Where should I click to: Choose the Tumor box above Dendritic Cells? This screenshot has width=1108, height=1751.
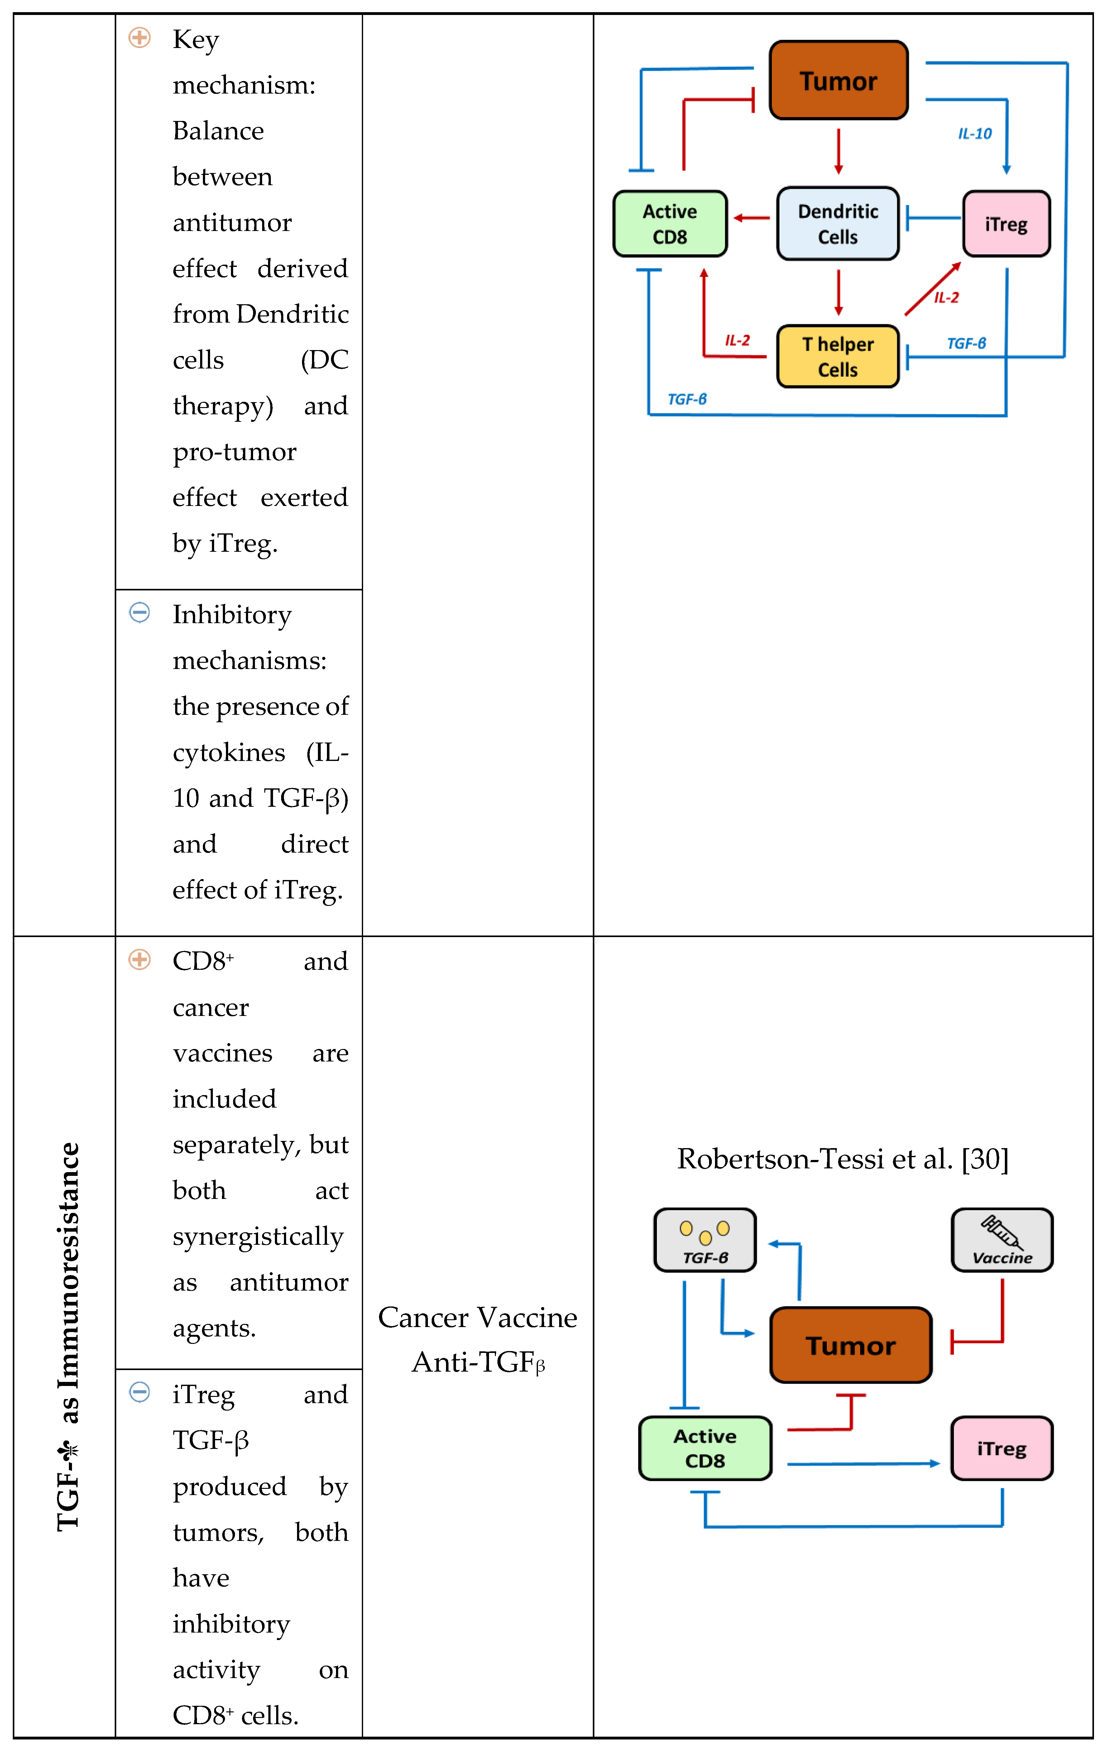tap(838, 80)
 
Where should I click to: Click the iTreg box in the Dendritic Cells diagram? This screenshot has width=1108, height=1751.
tap(1006, 223)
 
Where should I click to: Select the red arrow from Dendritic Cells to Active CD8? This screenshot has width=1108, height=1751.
tap(752, 217)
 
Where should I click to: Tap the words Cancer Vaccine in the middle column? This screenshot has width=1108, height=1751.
tap(478, 1317)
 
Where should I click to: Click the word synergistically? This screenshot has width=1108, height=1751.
tap(258, 1236)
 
